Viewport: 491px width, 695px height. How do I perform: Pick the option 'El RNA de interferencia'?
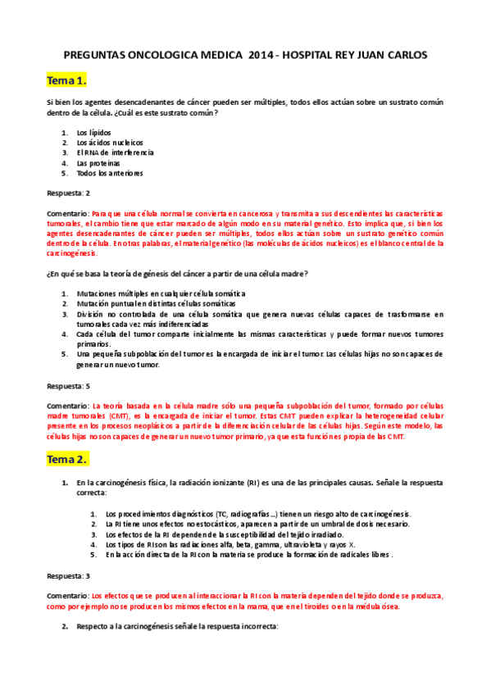coord(115,152)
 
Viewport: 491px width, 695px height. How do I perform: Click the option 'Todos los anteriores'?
coord(110,173)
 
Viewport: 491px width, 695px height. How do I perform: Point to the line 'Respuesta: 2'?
coord(68,193)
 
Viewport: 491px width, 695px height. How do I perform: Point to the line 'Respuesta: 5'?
coord(68,384)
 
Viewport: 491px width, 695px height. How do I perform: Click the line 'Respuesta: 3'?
coord(68,575)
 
